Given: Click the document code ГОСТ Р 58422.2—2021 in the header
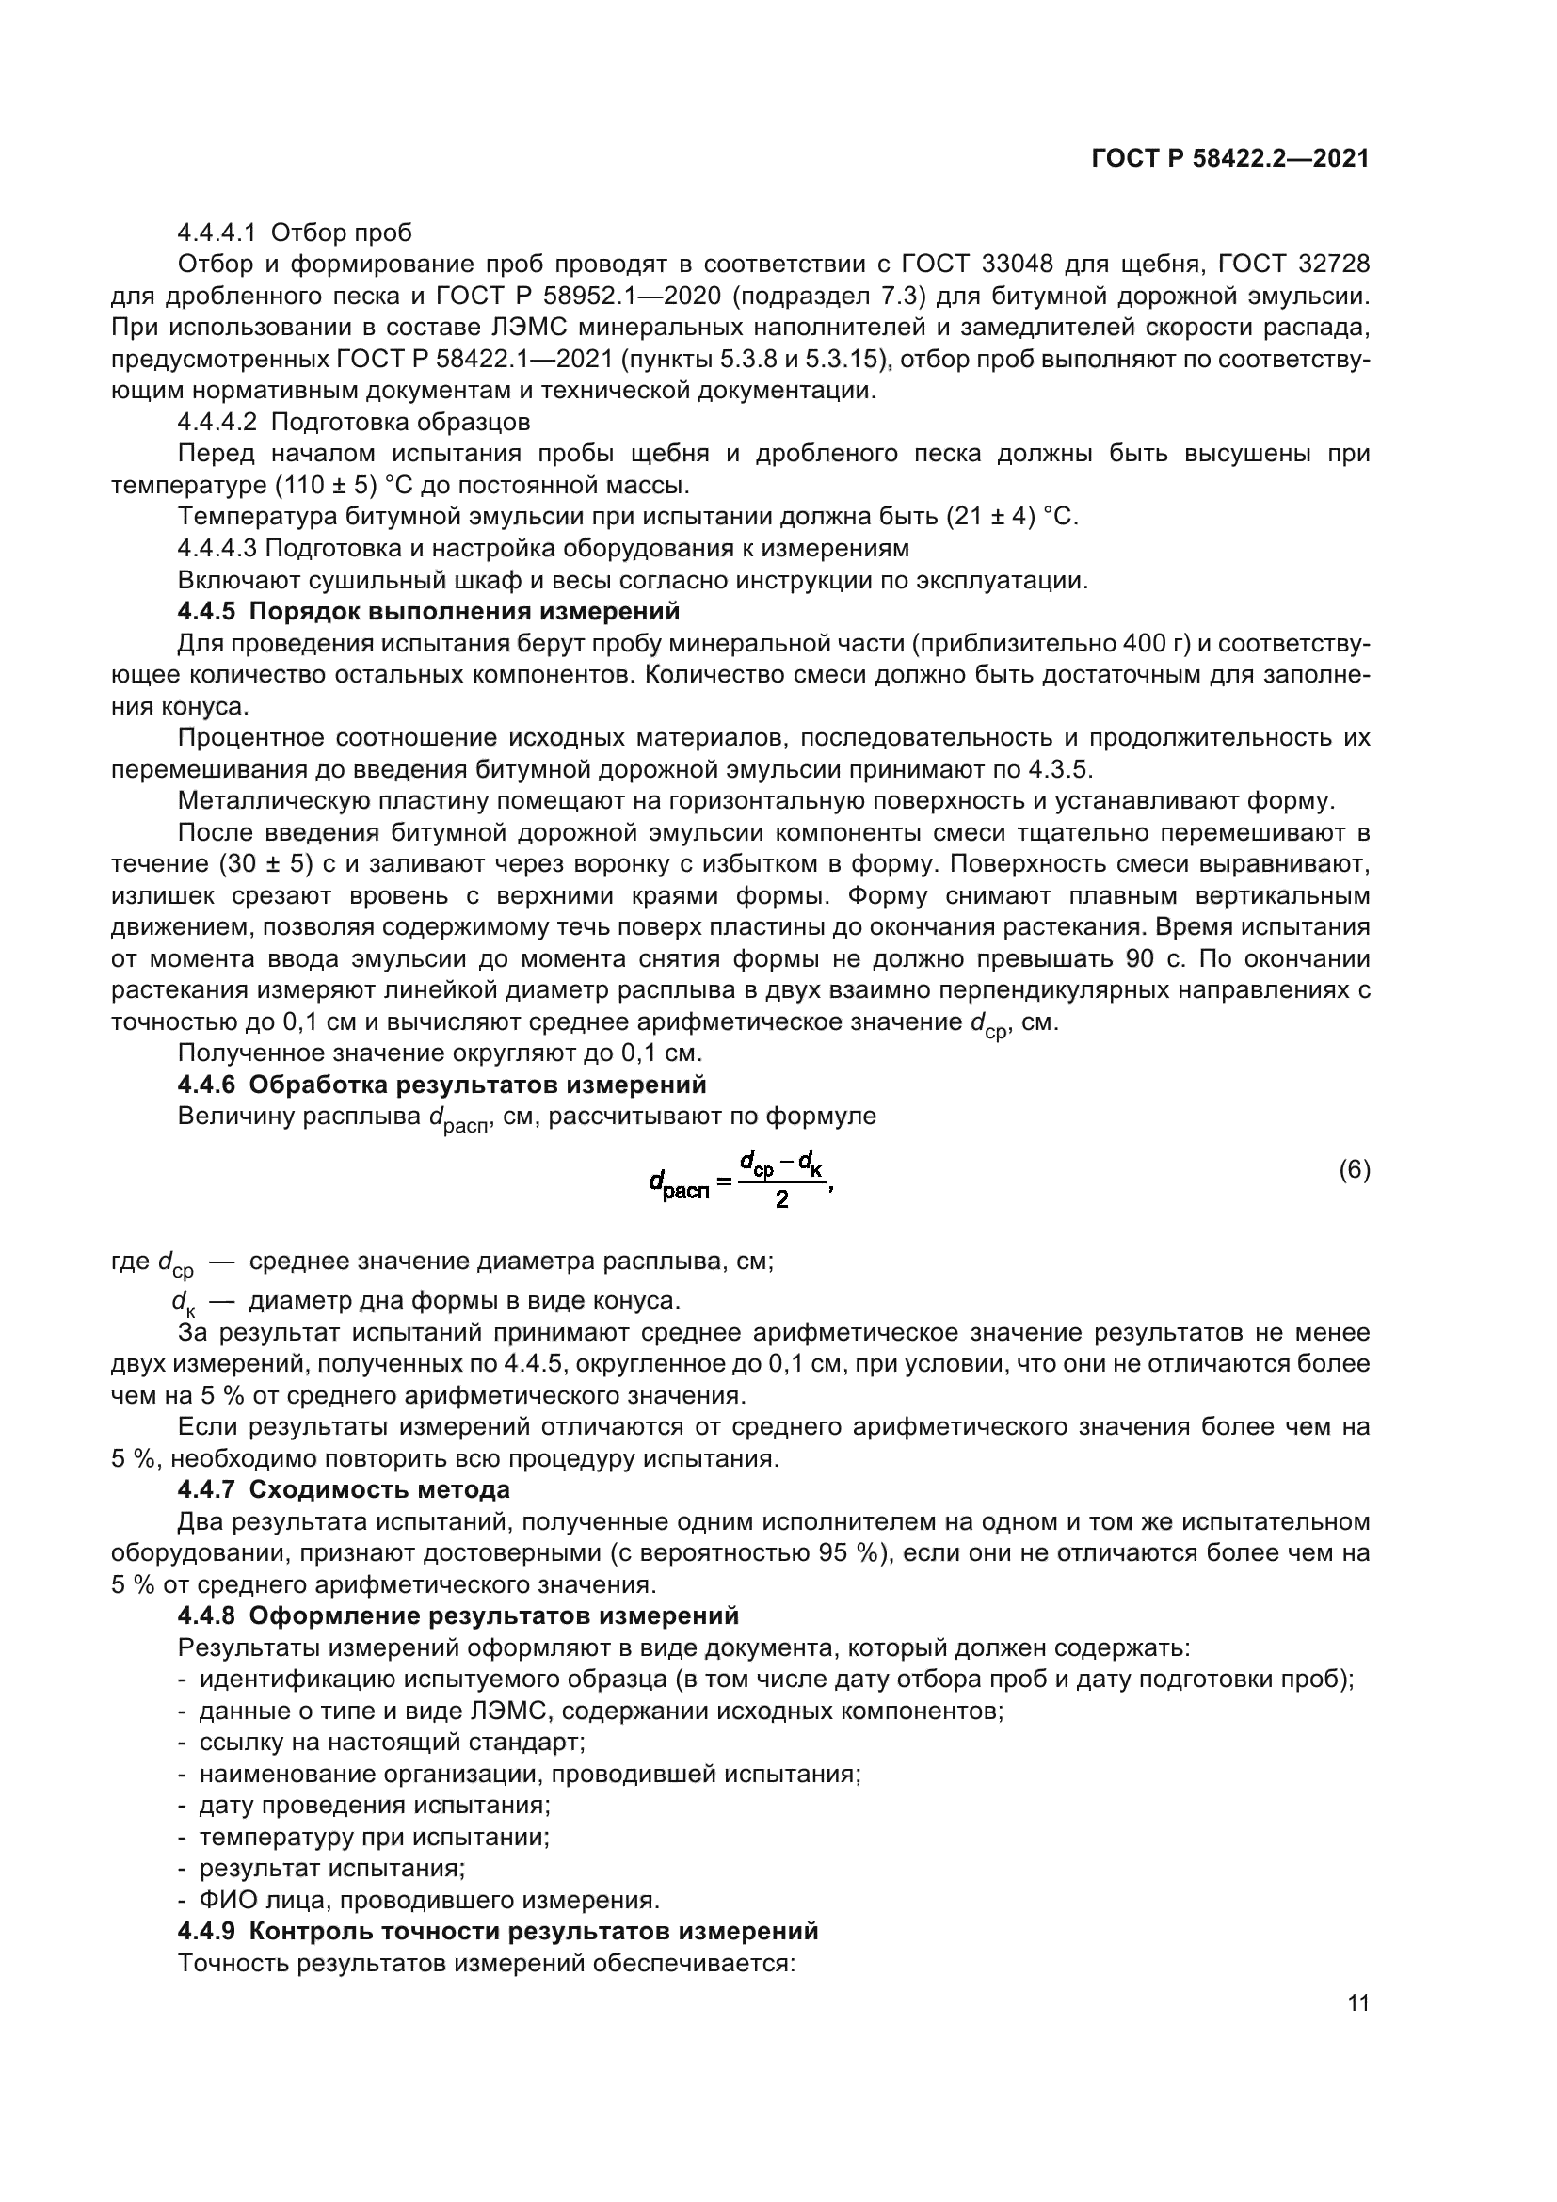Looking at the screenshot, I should [1230, 158].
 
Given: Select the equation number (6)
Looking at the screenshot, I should [1354, 1170].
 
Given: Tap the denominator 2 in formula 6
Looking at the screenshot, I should [781, 1199].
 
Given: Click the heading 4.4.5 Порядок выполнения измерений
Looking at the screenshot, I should [428, 611].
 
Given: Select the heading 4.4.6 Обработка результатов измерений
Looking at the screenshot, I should [442, 1085].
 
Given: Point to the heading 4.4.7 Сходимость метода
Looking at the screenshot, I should [344, 1489].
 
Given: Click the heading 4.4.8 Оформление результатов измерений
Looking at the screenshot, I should [458, 1616].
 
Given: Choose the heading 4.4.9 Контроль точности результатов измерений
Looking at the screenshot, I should [498, 1931].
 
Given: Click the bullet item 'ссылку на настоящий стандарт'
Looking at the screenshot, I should [393, 1742].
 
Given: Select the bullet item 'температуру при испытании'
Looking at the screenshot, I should [374, 1837].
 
